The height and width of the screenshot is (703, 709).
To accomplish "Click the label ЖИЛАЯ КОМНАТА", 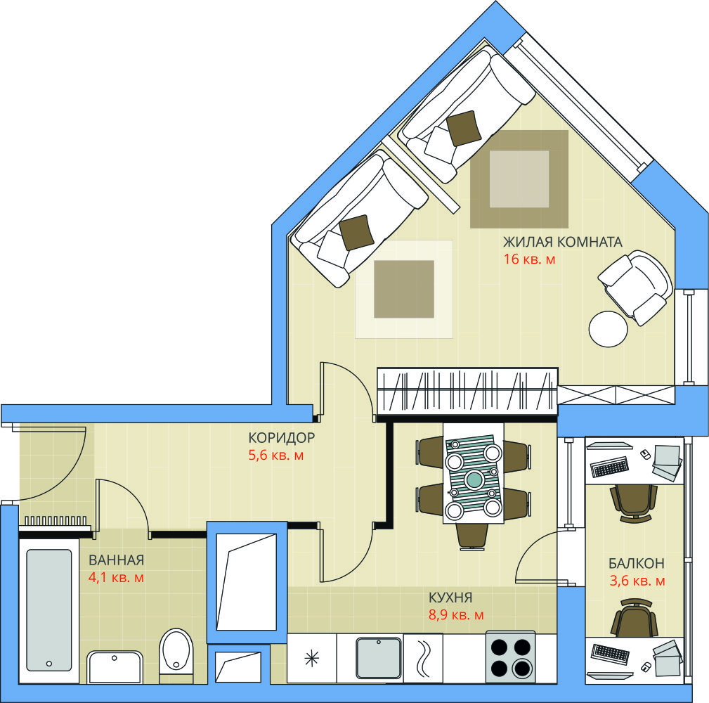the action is pos(563,242).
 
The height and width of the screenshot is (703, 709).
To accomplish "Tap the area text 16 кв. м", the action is pos(530,259).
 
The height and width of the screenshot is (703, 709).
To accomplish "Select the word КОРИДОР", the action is pos(281,437).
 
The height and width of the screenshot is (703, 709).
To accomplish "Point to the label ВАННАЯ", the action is pos(116,560).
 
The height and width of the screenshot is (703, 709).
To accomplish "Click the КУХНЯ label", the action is pos(450,597).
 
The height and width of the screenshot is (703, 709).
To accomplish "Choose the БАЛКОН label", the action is pos(636,563).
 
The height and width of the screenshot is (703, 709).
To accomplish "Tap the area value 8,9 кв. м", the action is pos(456,615).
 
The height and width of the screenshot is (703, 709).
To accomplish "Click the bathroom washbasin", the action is pos(115,667).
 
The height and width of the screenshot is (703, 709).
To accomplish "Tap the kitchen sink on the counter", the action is pos(379,658).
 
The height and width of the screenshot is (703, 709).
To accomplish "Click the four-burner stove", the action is pos(511,657).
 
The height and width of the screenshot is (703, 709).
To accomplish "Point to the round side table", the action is pos(609,329).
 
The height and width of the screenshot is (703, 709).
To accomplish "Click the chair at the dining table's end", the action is pos(472,536).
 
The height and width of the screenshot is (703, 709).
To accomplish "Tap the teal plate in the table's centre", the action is pos(474,479).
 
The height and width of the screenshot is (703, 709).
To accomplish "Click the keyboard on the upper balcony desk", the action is pos(609,467).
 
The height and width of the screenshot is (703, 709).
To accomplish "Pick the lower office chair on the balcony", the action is pos(635,617).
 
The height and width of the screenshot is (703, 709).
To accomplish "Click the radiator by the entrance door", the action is pos(56,522).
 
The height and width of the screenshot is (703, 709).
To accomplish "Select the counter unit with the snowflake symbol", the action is pos(311,658).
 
